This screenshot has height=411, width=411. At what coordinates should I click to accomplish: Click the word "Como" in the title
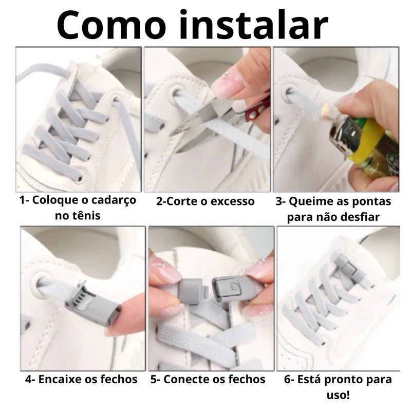point(111,25)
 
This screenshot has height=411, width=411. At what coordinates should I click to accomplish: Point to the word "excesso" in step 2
point(233,201)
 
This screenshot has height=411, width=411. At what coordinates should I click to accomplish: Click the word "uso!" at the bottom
point(338,395)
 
